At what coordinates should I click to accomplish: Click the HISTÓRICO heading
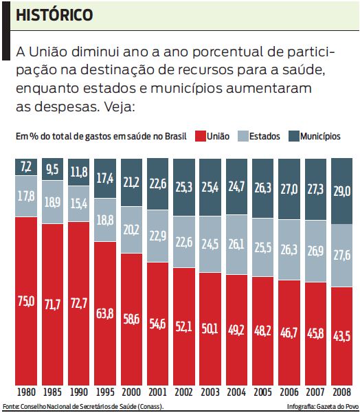tap(55, 14)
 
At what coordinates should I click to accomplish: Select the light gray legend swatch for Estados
tap(242, 136)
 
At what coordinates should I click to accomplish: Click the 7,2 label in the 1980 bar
tap(26, 166)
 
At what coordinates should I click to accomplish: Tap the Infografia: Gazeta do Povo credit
tap(323, 406)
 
